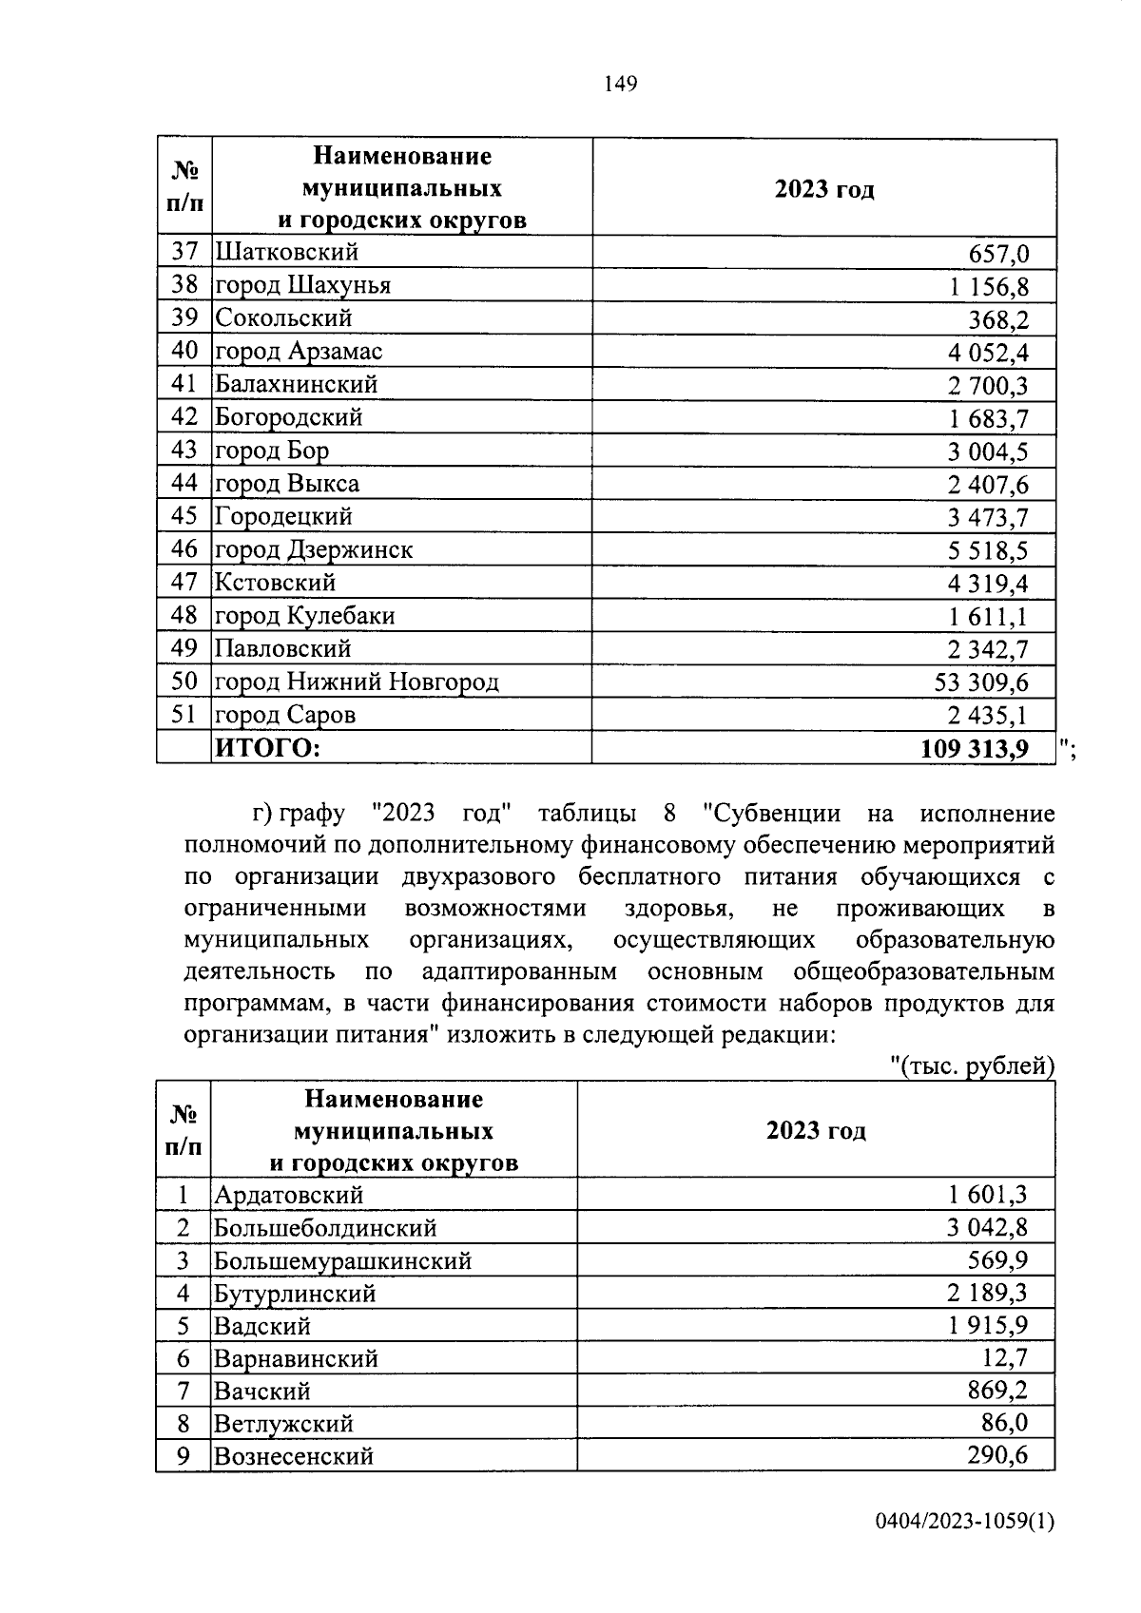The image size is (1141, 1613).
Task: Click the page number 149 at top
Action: click(x=620, y=85)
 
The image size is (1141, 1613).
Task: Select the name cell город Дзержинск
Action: click(x=314, y=549)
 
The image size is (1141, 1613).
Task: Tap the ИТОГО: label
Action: click(x=268, y=748)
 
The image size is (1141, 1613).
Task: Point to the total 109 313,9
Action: click(x=975, y=749)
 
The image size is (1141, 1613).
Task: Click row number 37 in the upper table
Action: click(x=184, y=252)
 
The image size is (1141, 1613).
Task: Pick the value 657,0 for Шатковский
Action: click(x=998, y=254)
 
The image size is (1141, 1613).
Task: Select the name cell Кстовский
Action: click(x=275, y=583)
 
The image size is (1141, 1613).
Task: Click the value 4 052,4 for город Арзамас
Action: click(x=988, y=353)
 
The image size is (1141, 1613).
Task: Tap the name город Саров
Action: click(x=285, y=715)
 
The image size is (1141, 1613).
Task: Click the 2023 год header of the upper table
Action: click(x=823, y=189)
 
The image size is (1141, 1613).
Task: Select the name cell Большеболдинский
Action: click(x=325, y=1227)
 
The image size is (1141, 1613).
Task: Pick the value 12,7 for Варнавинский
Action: click(x=1005, y=1357)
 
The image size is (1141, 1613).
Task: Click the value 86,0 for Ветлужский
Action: click(x=1005, y=1423)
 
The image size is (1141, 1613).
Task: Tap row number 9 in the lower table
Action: click(x=184, y=1456)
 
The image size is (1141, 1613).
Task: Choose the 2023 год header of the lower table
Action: click(x=816, y=1131)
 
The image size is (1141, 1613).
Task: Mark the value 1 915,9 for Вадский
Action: click(x=988, y=1325)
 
